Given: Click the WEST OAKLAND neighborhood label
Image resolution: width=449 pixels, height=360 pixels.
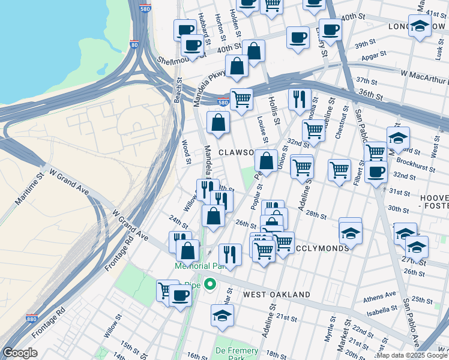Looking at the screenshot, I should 277,295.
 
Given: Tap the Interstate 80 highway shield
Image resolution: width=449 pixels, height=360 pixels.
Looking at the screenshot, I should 134,44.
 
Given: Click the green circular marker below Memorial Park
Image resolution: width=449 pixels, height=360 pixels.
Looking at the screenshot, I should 209,284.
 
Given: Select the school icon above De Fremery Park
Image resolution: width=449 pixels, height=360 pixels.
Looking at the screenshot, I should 223,314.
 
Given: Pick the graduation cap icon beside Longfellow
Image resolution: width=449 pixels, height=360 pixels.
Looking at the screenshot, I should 420,25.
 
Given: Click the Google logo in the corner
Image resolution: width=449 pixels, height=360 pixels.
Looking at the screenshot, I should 20,353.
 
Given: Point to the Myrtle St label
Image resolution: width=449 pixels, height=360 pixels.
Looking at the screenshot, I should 328,341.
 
